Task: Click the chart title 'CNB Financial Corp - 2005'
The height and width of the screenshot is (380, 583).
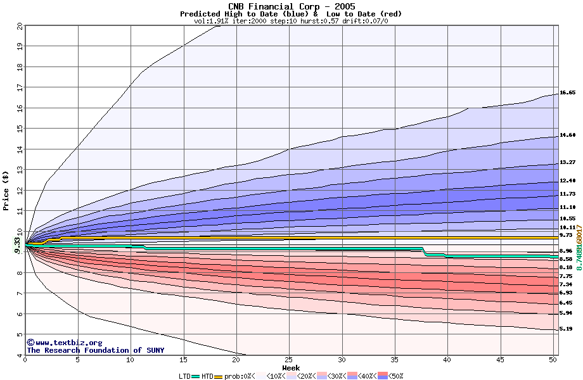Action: click(291, 6)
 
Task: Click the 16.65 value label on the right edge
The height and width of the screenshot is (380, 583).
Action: click(568, 92)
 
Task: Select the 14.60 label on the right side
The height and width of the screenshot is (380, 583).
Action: click(568, 135)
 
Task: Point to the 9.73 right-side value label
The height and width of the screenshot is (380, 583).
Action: click(566, 235)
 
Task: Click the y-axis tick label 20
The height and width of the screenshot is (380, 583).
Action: click(19, 26)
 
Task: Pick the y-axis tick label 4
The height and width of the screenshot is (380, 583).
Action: click(20, 355)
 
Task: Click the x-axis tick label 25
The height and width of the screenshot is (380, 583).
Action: click(289, 360)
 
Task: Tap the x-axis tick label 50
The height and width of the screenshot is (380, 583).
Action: click(553, 360)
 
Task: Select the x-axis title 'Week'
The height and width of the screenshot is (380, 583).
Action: click(291, 368)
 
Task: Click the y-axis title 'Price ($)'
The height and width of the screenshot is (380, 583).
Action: click(6, 190)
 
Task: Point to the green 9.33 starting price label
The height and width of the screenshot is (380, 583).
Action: click(18, 244)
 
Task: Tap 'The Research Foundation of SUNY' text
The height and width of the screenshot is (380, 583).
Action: click(95, 350)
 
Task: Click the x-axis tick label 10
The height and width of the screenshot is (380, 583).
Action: click(131, 360)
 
